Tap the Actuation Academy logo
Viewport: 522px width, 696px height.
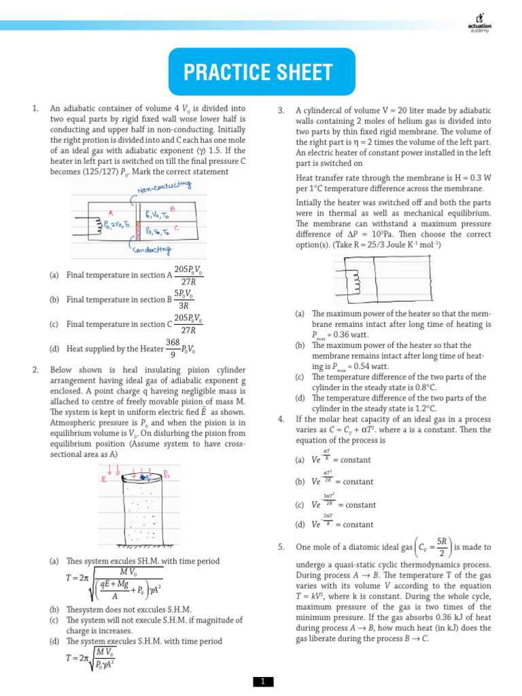tap(480, 21)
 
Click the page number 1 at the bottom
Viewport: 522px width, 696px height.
tap(261, 681)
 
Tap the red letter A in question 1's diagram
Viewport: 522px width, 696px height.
tap(110, 212)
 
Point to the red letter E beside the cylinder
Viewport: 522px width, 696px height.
tap(104, 478)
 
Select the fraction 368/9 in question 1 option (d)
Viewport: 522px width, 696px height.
tap(173, 349)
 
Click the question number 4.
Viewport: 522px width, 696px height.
tap(281, 419)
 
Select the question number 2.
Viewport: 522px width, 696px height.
tap(35, 369)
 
